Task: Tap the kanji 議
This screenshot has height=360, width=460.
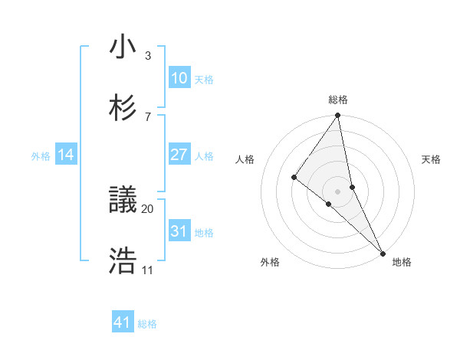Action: [123, 201]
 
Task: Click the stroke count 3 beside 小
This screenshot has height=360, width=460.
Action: [148, 55]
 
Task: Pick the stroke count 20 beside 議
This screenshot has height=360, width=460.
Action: [148, 208]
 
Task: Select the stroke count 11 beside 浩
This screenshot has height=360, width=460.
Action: [148, 270]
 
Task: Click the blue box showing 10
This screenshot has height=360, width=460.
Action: [179, 78]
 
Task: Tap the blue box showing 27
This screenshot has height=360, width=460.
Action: [179, 155]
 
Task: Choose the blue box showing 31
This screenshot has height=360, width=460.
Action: [179, 231]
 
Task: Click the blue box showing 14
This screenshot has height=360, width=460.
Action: [66, 155]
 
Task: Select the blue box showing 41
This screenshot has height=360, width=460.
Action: [123, 322]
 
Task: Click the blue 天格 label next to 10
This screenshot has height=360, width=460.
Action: [204, 80]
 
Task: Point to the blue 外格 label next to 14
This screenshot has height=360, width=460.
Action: [41, 156]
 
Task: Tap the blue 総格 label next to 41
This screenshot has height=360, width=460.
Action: [147, 324]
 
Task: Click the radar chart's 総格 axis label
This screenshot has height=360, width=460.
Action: [338, 100]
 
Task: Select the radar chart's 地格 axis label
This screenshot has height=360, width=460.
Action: [402, 262]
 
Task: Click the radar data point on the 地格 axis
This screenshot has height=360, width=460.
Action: [382, 251]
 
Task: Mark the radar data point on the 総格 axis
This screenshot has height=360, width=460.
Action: [337, 116]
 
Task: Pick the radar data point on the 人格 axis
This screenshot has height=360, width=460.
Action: [294, 177]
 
